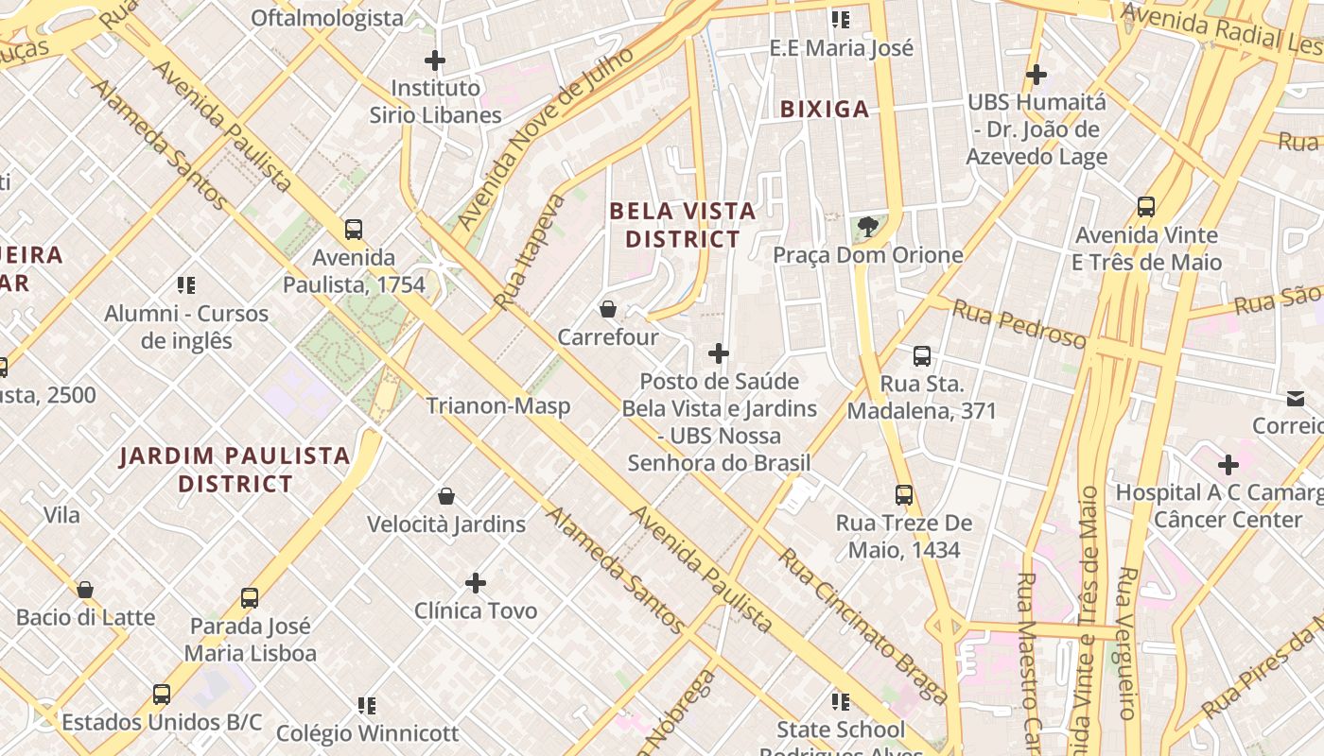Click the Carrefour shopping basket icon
(x=608, y=309)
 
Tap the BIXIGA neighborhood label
(x=825, y=110)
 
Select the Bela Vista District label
(x=683, y=225)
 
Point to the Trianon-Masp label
(x=497, y=406)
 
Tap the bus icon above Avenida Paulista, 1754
(x=354, y=230)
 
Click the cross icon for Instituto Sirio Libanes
(x=435, y=61)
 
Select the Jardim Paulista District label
(x=235, y=470)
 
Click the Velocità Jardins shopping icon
(x=446, y=496)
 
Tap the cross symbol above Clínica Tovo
(x=476, y=583)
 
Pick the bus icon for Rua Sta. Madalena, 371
(x=922, y=356)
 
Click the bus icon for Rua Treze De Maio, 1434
(x=904, y=495)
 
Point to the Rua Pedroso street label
(x=1019, y=324)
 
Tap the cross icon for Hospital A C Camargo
(x=1228, y=465)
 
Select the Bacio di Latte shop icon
(x=85, y=590)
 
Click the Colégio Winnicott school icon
(x=367, y=705)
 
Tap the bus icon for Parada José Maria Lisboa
(x=250, y=598)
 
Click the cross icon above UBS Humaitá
(x=1037, y=74)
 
